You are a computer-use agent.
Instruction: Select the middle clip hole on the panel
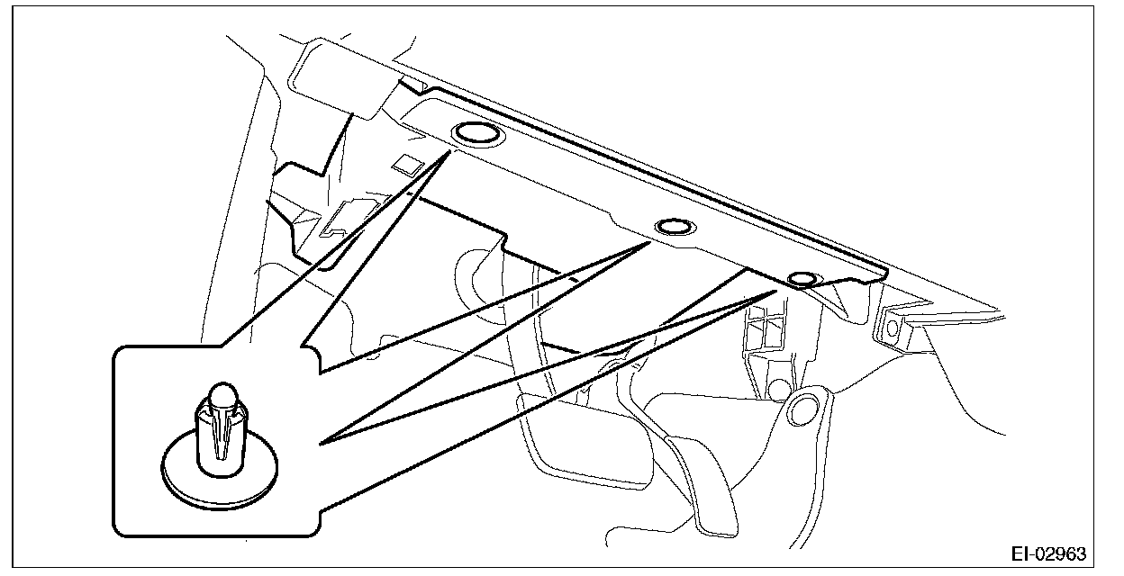point(675,227)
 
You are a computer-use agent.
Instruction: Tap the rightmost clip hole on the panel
point(802,279)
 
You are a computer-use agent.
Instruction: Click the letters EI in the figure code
point(1022,553)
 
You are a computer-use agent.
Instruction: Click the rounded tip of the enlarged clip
point(222,393)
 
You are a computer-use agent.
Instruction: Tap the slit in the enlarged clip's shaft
point(222,436)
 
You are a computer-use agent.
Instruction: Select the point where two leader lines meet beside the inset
point(322,442)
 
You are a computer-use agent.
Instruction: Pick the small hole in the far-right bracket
point(894,329)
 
